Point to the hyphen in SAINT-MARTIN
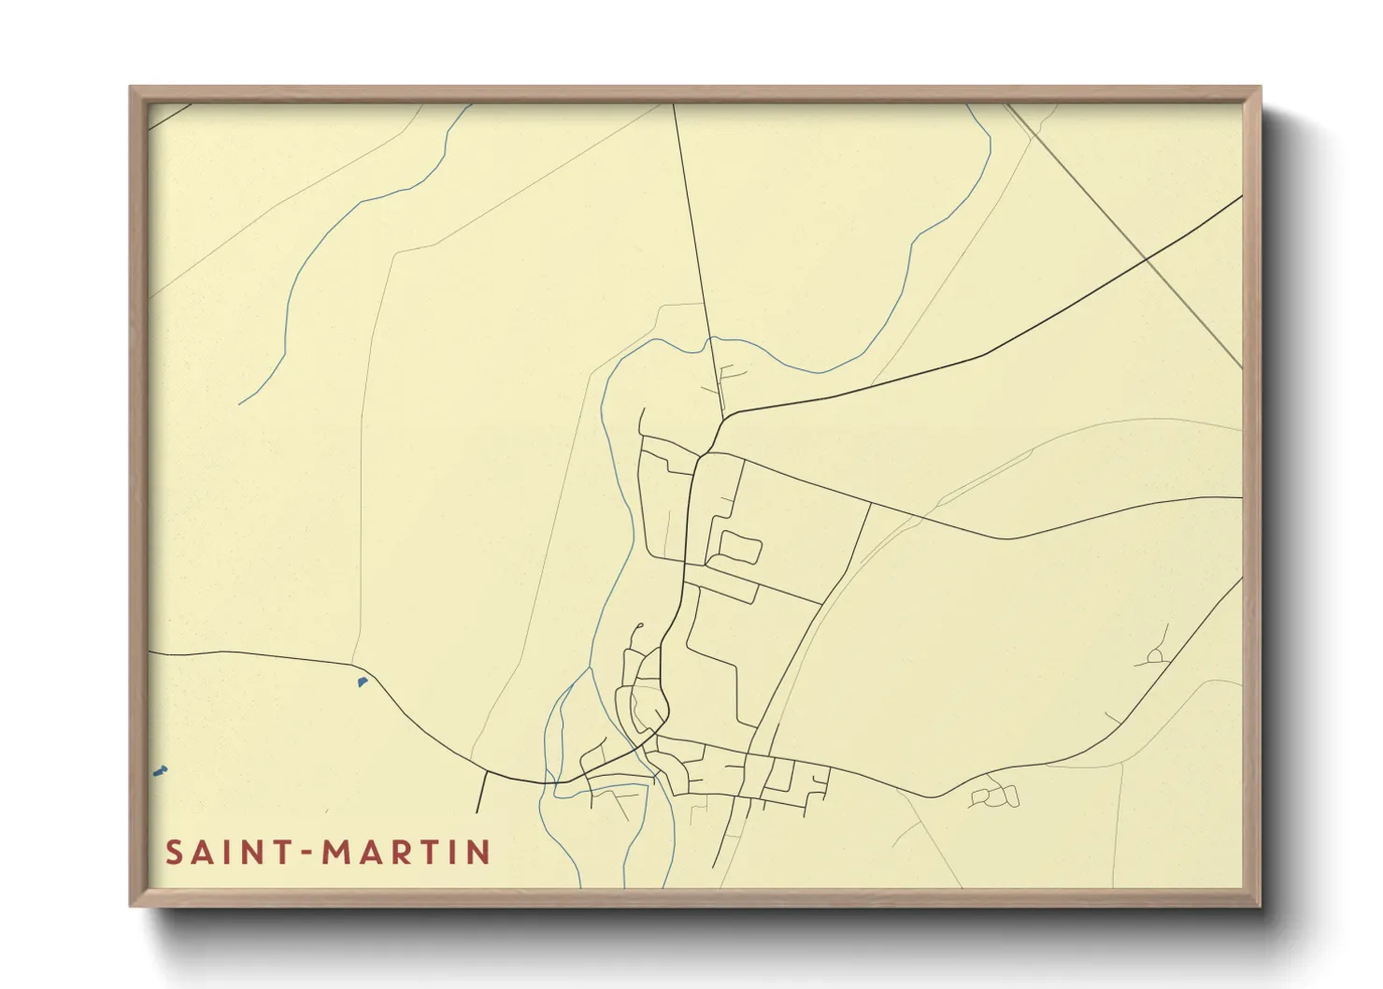305,853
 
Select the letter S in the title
175,852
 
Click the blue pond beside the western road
363,681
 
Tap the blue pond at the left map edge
159,771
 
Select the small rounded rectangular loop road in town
738,548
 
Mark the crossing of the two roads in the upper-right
1147,257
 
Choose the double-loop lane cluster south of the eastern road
994,795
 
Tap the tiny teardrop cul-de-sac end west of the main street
640,625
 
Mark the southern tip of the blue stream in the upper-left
240,403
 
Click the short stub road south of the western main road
481,792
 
